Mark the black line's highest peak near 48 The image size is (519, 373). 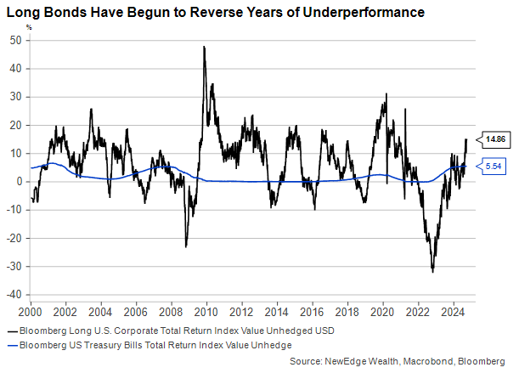point(204,47)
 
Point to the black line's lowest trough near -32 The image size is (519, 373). point(432,271)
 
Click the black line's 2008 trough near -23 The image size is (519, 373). point(186,246)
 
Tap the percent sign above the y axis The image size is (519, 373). point(28,27)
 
